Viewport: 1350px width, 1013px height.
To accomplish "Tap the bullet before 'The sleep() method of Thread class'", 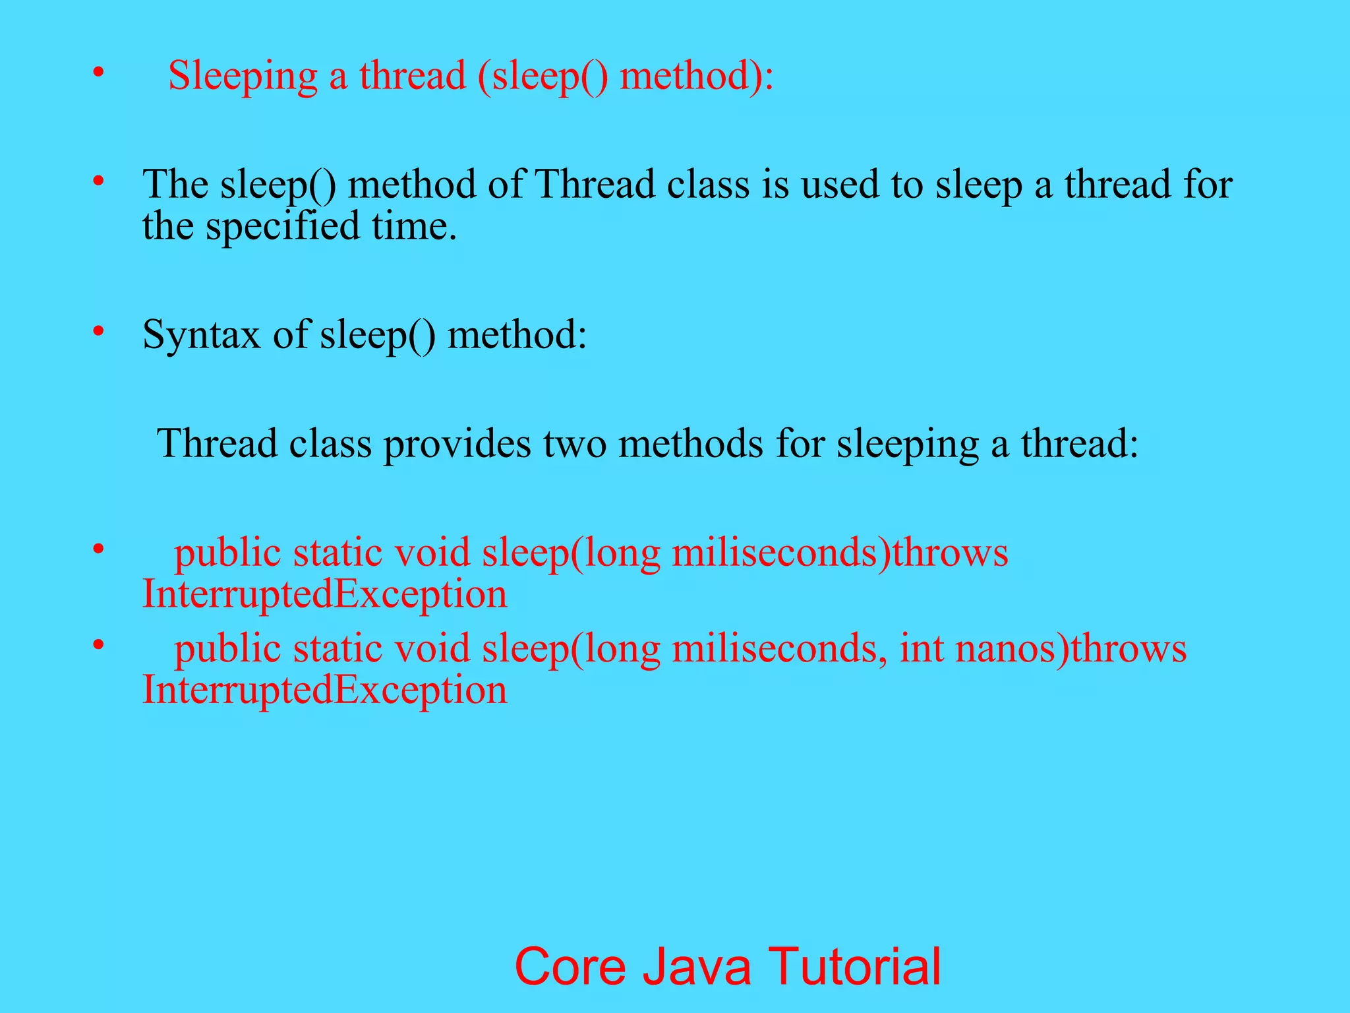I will (x=98, y=179).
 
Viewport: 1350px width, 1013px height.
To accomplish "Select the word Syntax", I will (x=201, y=335).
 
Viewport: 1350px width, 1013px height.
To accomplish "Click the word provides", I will (x=457, y=443).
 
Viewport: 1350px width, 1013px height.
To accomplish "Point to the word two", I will (x=574, y=443).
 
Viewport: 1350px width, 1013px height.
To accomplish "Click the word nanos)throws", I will (x=1071, y=648).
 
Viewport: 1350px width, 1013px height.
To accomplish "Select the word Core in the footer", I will (x=570, y=967).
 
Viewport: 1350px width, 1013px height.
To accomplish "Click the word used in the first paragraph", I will (x=840, y=184).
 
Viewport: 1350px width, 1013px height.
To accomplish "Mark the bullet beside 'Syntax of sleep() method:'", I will (x=98, y=330).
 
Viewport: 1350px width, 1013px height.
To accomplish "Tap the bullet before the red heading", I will (x=98, y=71).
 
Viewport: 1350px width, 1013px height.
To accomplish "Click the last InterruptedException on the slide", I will (x=325, y=691).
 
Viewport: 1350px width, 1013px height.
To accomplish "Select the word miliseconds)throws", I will (x=840, y=553).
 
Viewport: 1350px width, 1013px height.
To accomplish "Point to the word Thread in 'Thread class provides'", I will (x=217, y=443).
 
